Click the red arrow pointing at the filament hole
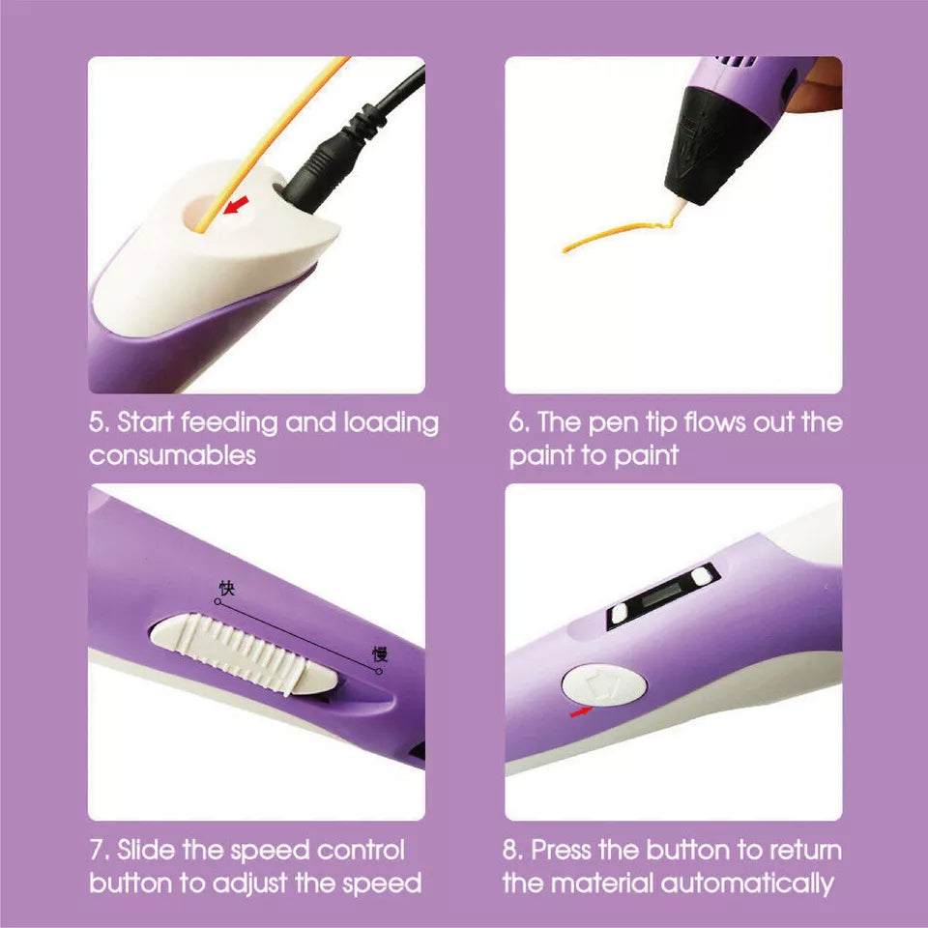236,205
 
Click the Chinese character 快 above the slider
226,588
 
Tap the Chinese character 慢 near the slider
380,654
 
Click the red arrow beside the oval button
581,711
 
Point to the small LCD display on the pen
662,597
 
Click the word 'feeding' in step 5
229,423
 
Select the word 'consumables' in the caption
172,455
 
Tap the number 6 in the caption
516,423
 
